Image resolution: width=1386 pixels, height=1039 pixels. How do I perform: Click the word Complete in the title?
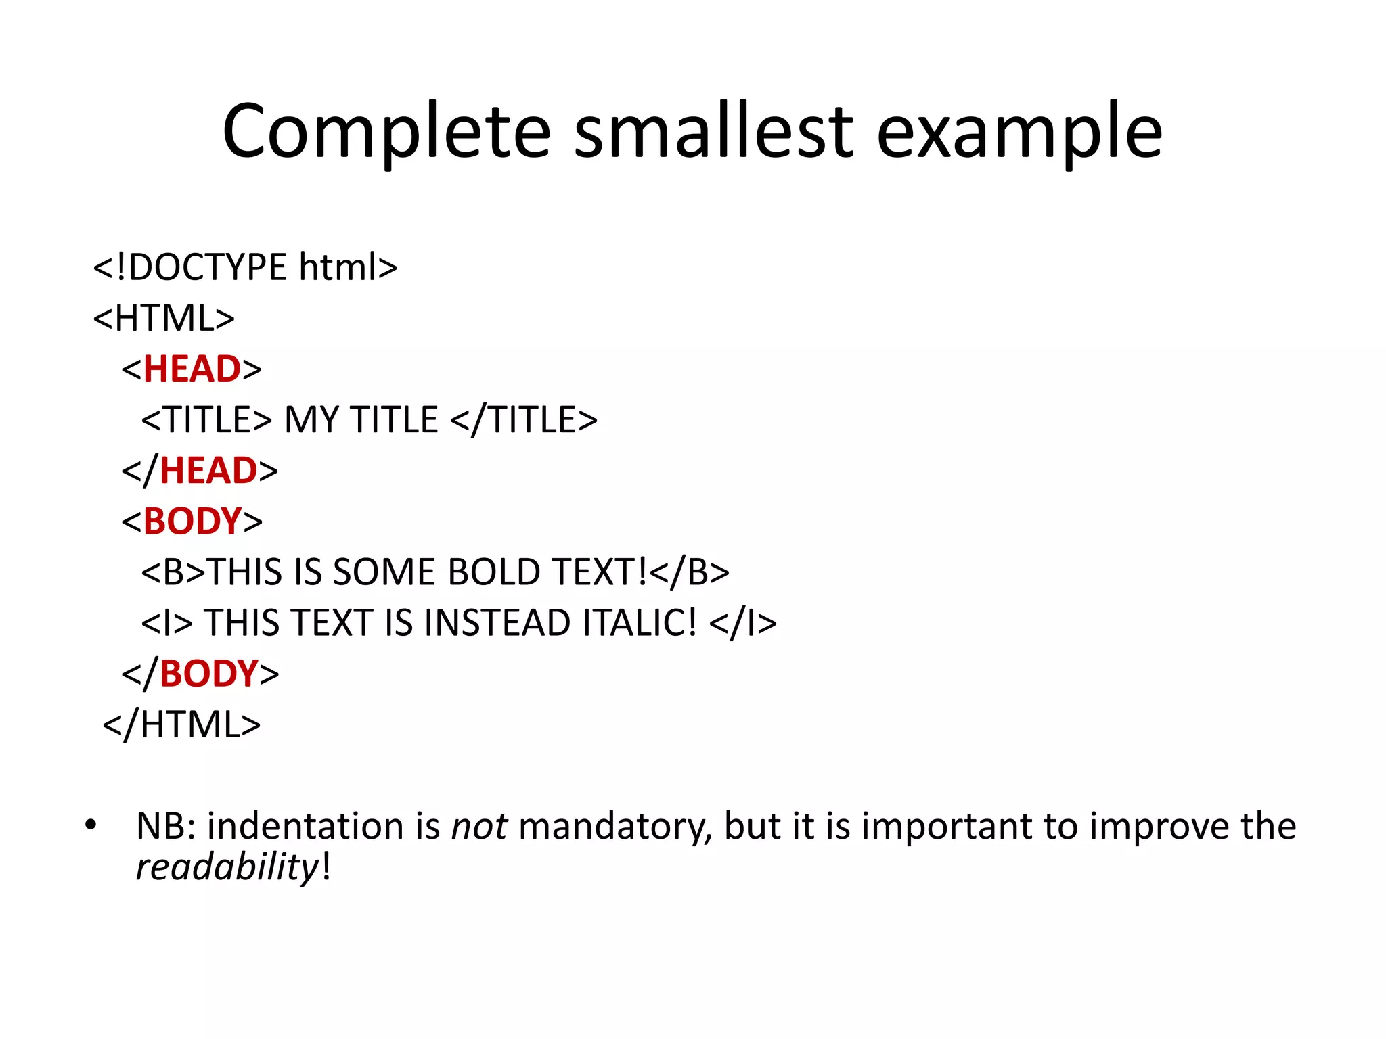[x=386, y=131]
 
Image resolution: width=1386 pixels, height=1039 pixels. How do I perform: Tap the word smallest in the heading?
[x=713, y=131]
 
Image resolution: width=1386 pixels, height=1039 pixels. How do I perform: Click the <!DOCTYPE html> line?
[x=245, y=267]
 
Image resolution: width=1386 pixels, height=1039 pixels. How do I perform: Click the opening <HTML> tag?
[x=164, y=318]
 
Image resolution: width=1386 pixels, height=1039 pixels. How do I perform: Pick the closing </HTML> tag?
[x=181, y=724]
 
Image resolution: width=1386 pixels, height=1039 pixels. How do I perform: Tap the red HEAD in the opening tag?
[x=192, y=369]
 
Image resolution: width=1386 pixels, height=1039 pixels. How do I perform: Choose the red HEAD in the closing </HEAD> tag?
[x=208, y=471]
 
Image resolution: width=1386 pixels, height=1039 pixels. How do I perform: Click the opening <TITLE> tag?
[x=206, y=420]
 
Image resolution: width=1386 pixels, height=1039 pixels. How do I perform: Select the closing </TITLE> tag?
[x=524, y=420]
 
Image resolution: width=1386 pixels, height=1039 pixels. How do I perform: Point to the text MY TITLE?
[x=361, y=420]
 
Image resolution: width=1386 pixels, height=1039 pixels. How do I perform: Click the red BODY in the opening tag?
[x=193, y=522]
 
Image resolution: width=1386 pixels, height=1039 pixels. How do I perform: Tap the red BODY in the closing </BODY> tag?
[x=209, y=674]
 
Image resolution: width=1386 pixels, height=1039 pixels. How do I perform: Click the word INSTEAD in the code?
[x=497, y=623]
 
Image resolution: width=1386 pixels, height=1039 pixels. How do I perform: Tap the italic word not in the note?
[x=479, y=827]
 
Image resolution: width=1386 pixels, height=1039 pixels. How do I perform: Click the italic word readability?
[x=227, y=867]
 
